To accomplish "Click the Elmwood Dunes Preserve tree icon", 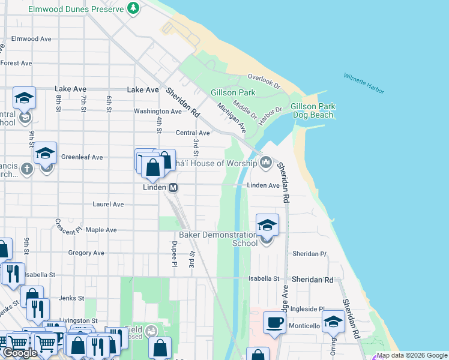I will [x=133, y=8].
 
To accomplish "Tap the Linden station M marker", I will [x=173, y=188].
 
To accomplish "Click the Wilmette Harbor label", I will [x=364, y=83].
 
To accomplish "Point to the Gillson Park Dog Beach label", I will [x=312, y=110].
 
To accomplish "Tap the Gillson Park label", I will [x=233, y=92].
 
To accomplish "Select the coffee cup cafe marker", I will [x=275, y=322].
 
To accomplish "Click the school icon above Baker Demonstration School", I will [x=268, y=225].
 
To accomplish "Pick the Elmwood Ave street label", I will [x=32, y=39].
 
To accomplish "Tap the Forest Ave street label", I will [x=16, y=63].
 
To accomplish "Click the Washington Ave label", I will [x=157, y=111].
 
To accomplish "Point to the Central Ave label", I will [x=193, y=133].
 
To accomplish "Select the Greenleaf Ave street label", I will [x=82, y=157].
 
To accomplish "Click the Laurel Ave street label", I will [x=108, y=204].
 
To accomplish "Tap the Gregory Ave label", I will [x=87, y=253].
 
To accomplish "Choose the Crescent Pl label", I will [x=68, y=226].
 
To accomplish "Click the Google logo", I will [x=19, y=353].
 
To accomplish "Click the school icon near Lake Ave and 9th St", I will [x=24, y=97].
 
